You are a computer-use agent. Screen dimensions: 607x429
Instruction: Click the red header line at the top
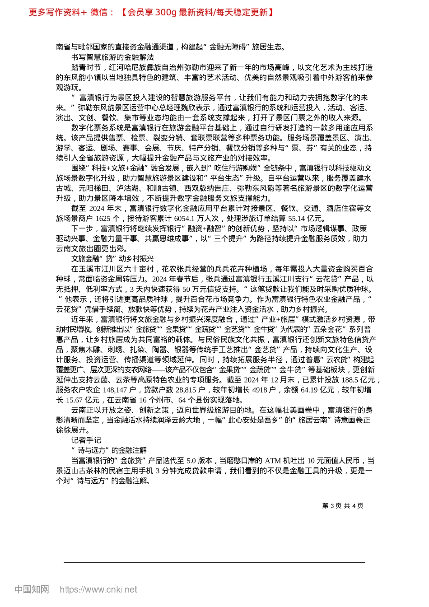(151, 12)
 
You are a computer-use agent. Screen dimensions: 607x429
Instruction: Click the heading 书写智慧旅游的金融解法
(112, 57)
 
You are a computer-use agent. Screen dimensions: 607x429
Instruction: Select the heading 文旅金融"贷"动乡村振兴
(112, 259)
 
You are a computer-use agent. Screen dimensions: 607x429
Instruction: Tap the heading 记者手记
(86, 440)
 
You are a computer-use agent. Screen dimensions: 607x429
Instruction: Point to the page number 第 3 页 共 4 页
(343, 506)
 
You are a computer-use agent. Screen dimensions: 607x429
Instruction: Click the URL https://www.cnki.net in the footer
(98, 589)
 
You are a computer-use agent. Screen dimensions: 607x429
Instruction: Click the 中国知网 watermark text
(32, 589)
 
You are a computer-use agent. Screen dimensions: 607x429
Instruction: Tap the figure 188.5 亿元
(359, 380)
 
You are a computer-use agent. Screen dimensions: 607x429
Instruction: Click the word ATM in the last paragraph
(273, 461)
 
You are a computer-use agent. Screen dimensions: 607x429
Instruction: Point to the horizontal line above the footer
(214, 562)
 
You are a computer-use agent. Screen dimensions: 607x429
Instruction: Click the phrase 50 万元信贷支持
(210, 289)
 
